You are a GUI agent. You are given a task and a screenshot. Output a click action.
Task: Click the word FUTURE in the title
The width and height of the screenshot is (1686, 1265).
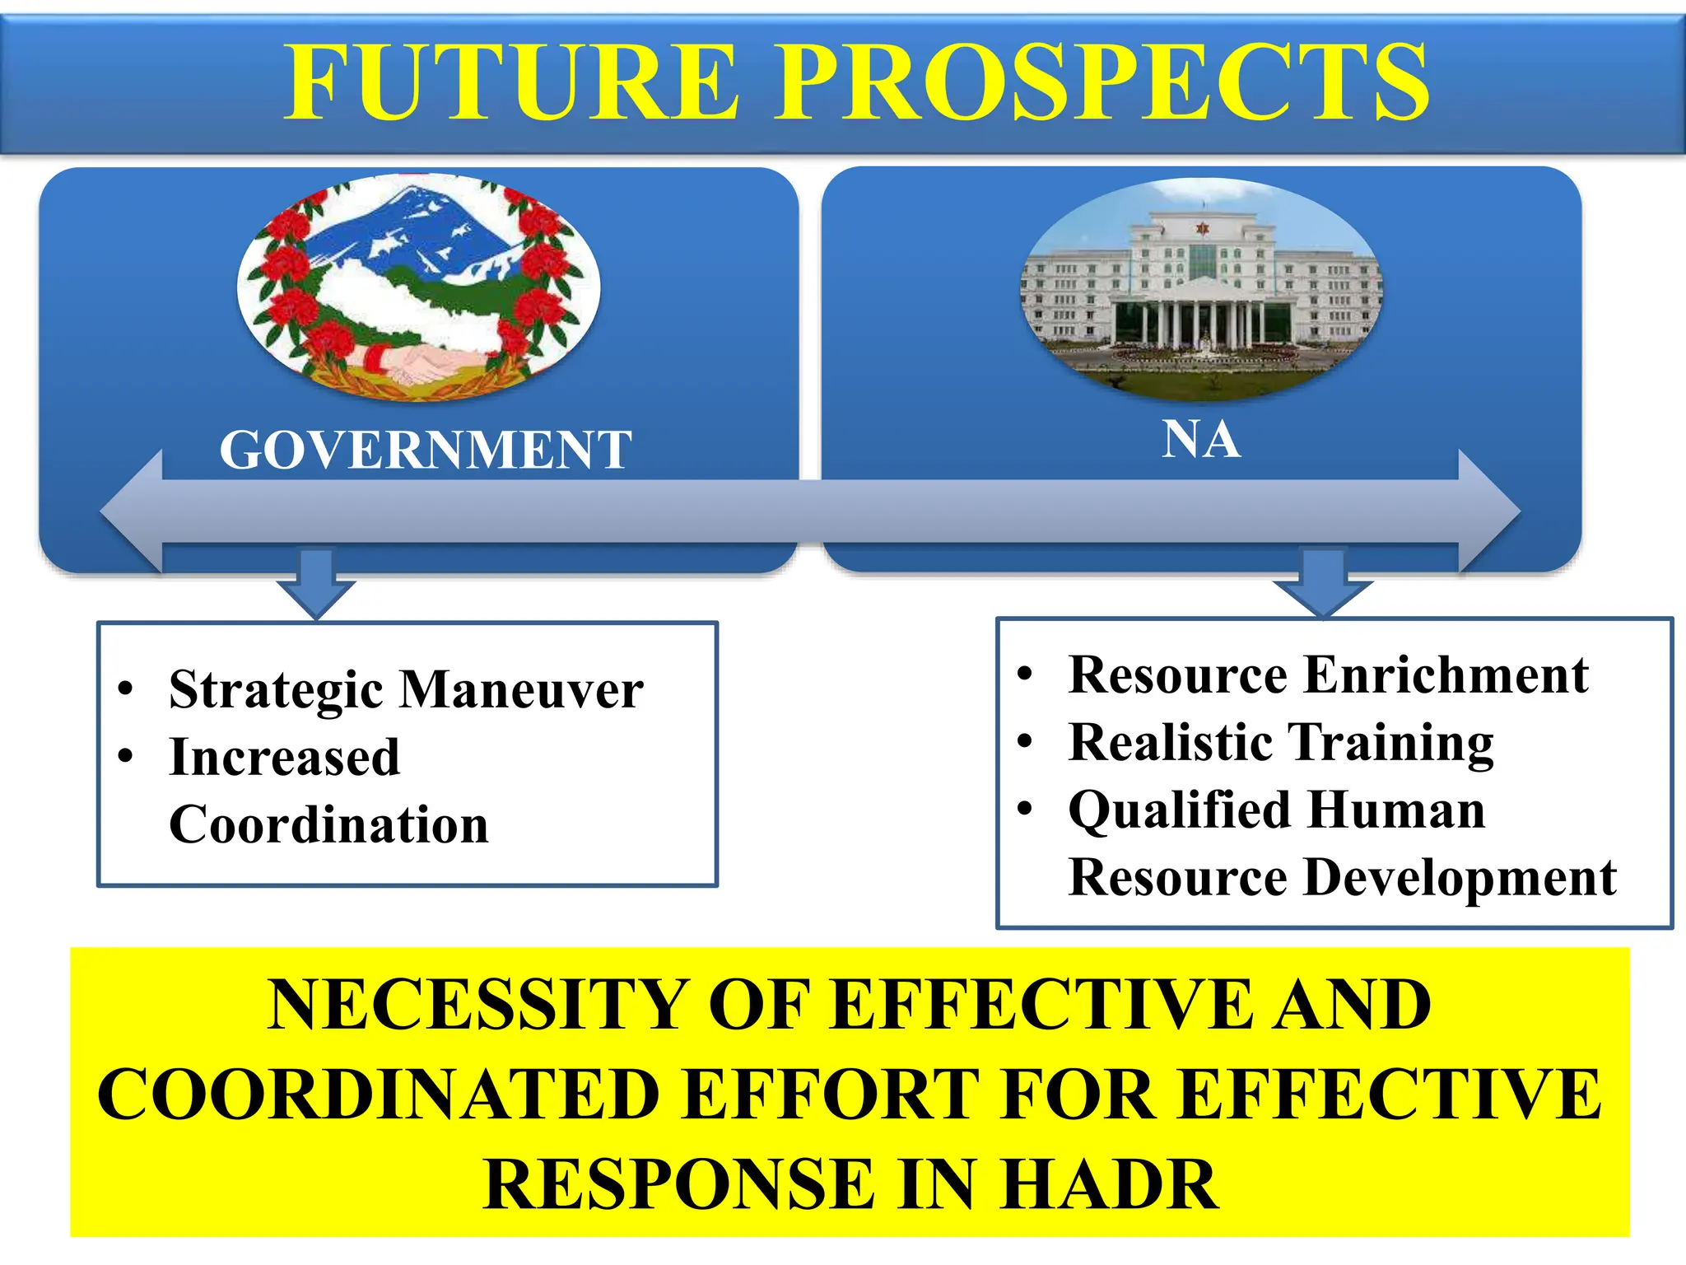(x=511, y=82)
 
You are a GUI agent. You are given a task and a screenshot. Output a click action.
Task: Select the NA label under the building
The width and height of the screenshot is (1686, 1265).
(x=1201, y=440)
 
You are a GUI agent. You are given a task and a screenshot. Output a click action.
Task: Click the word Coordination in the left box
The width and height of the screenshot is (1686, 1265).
(x=328, y=824)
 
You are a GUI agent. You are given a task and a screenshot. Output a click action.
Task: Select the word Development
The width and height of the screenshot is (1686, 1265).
(x=1460, y=877)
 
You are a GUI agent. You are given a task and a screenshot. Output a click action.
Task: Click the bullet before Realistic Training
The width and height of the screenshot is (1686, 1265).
(x=1024, y=741)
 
